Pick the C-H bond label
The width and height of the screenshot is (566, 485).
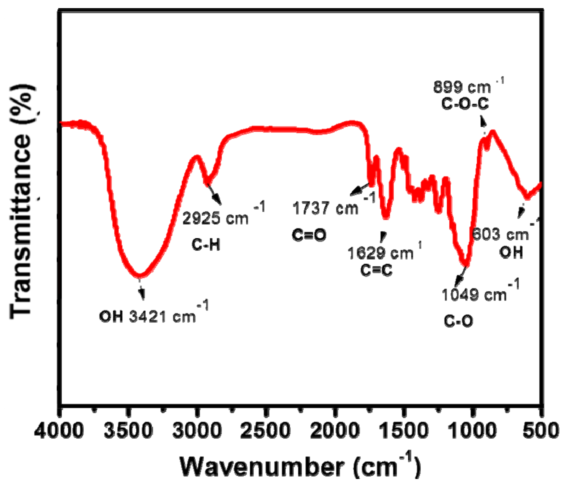pos(206,245)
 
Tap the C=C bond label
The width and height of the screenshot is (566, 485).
pos(376,270)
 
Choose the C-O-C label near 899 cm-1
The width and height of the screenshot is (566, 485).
pos(465,104)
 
